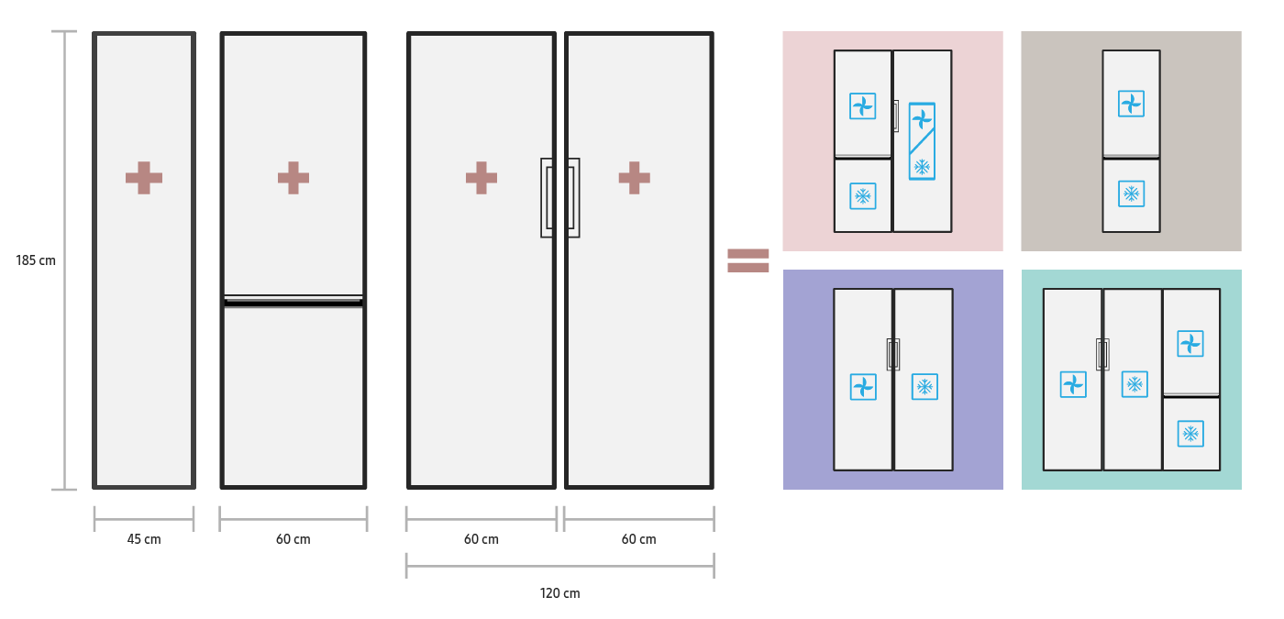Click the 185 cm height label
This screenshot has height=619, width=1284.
[x=36, y=260]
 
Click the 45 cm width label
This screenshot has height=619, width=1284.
[x=144, y=539]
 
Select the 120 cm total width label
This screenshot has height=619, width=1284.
[x=559, y=593]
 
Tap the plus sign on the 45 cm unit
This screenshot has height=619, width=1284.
[x=144, y=178]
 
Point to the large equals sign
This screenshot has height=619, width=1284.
[x=747, y=260]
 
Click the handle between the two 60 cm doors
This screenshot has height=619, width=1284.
[x=559, y=198]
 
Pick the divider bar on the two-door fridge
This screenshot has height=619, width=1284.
[x=293, y=301]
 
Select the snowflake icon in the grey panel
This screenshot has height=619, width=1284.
[x=1131, y=194]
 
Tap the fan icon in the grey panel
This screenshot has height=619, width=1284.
[x=1131, y=104]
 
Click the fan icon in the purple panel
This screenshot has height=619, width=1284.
[x=863, y=387]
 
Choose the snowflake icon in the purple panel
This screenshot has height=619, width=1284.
[x=924, y=387]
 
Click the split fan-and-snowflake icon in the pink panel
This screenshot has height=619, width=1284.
[x=922, y=141]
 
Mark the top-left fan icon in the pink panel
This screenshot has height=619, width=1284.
[x=862, y=106]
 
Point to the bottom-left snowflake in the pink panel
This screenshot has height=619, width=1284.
[x=862, y=196]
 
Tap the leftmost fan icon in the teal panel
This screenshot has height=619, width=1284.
[x=1073, y=384]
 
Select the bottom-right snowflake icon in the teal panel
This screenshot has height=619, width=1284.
[x=1190, y=434]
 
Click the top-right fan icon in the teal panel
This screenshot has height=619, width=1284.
[x=1190, y=344]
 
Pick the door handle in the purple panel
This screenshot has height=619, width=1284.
[x=893, y=354]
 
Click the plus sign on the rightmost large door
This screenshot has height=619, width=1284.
[x=634, y=178]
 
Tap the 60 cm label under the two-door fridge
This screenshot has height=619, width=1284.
[x=293, y=539]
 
